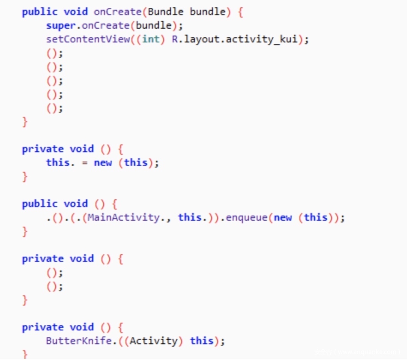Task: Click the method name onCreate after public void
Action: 117,12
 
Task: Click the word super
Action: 61,25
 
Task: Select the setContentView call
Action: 88,39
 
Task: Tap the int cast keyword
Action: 150,39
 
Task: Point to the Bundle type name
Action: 165,12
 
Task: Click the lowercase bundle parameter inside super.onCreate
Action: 153,25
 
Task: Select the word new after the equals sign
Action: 103,162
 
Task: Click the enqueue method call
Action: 246,217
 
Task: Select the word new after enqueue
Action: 283,217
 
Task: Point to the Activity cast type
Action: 153,341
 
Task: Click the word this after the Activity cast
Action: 201,341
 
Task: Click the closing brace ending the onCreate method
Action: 25,121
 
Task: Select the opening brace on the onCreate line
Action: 240,12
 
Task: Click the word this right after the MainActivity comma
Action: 189,217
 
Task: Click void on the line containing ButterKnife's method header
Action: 81,327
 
